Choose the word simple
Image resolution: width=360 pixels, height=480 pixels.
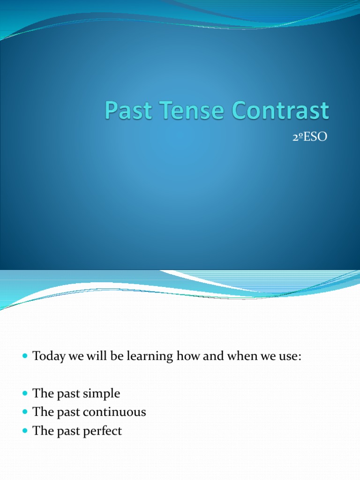102,394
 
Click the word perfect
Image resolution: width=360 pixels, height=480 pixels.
103,431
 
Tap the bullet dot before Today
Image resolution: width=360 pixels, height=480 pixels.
25,357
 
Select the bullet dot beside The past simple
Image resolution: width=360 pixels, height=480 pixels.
25,394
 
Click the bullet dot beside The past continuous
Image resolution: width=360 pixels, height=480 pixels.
25,412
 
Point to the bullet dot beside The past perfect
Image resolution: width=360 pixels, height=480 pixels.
25,431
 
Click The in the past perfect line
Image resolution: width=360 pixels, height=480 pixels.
41,431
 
